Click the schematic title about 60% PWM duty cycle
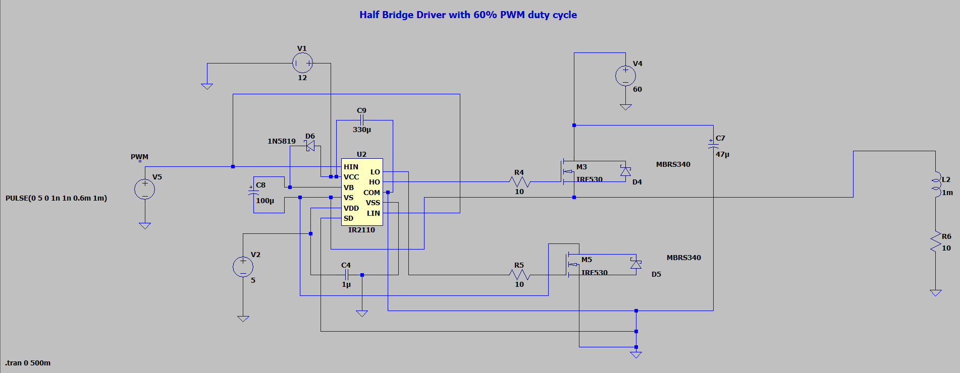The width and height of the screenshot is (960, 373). pyautogui.click(x=468, y=15)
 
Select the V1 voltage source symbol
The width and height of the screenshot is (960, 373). pyautogui.click(x=303, y=63)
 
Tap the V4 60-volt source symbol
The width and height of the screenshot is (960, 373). pyautogui.click(x=625, y=76)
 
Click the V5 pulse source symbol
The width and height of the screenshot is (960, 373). pyautogui.click(x=145, y=190)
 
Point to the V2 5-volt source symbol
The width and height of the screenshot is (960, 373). pyautogui.click(x=243, y=267)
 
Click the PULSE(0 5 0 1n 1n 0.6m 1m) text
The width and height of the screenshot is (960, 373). pyautogui.click(x=56, y=198)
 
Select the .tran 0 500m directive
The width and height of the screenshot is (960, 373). pyautogui.click(x=28, y=363)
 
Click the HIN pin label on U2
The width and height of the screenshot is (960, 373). pyautogui.click(x=351, y=167)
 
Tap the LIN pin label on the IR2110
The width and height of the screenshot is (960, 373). pyautogui.click(x=374, y=213)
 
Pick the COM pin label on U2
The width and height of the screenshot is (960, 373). pyautogui.click(x=371, y=193)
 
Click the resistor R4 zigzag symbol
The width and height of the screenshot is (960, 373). pyautogui.click(x=519, y=181)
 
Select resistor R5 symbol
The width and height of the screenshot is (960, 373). pyautogui.click(x=519, y=275)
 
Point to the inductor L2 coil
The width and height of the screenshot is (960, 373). pyautogui.click(x=935, y=184)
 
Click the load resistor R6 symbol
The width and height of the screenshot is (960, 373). pyautogui.click(x=935, y=242)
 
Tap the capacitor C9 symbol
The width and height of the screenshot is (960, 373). pyautogui.click(x=361, y=120)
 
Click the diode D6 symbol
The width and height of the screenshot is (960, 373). pyautogui.click(x=310, y=146)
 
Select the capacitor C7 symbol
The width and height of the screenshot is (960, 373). pyautogui.click(x=713, y=145)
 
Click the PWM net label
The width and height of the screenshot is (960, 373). pyautogui.click(x=140, y=157)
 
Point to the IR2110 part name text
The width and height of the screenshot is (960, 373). pyautogui.click(x=361, y=230)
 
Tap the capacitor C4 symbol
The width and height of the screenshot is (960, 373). pyautogui.click(x=346, y=275)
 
